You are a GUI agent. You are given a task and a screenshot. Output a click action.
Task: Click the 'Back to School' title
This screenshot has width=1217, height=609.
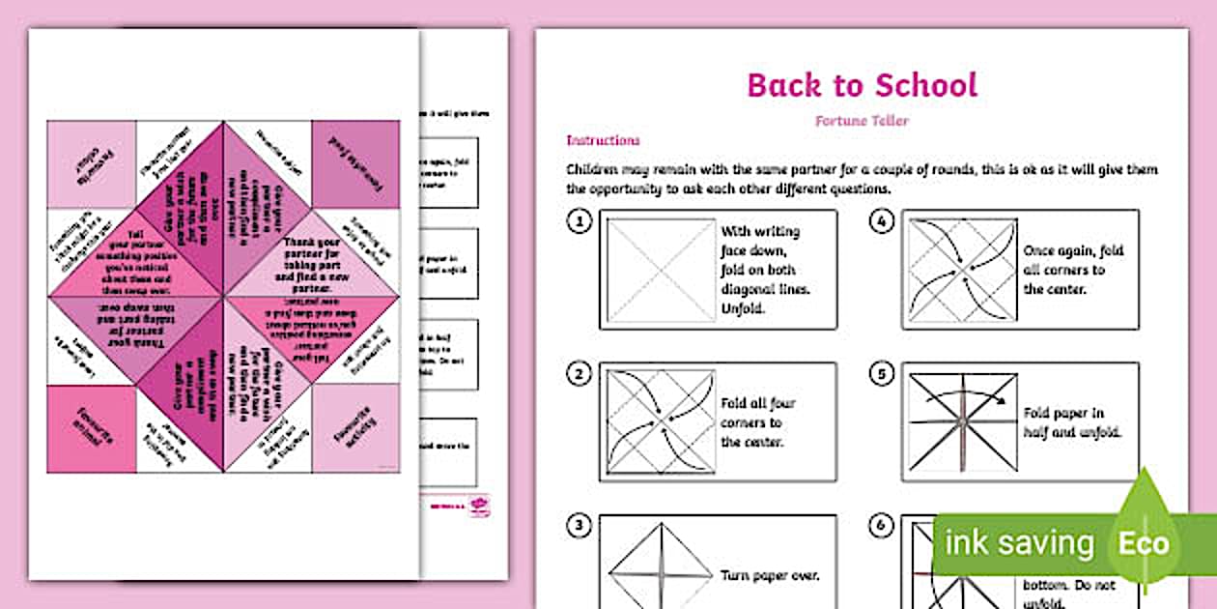point(862,85)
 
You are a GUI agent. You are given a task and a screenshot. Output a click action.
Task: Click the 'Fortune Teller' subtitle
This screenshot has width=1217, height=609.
point(862,122)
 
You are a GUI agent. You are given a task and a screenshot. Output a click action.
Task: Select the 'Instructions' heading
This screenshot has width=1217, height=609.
point(603,140)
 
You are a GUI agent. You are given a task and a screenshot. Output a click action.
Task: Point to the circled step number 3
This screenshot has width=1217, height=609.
point(579,527)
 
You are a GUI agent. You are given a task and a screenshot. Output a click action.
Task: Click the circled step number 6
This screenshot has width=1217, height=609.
point(881,527)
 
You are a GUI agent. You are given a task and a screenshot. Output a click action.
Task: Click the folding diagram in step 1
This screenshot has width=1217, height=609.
point(661,269)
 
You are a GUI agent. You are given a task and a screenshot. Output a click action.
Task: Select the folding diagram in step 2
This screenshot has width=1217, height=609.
point(661,421)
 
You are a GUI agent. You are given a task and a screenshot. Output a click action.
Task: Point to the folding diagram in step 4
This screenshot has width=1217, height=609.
point(962,269)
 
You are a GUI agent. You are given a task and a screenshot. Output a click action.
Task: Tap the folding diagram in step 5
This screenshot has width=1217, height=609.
point(962,421)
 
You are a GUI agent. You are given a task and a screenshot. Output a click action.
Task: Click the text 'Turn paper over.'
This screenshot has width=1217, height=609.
point(770,575)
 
